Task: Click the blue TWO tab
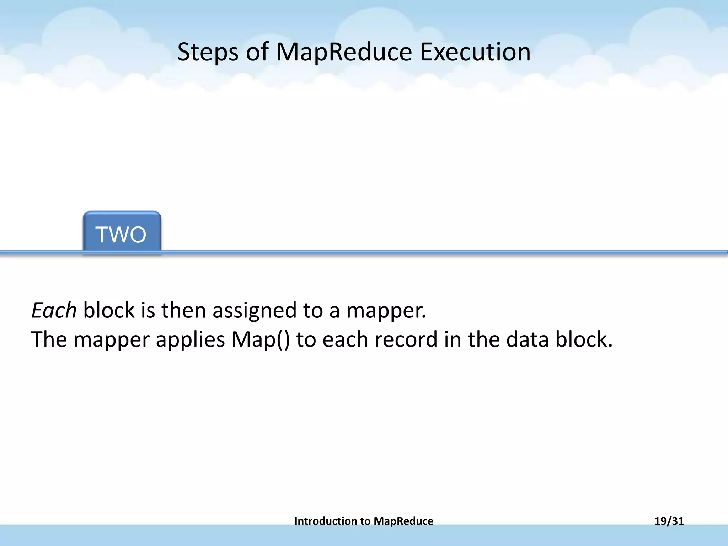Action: click(x=122, y=234)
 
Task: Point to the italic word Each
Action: click(x=54, y=310)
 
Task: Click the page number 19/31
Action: click(x=669, y=521)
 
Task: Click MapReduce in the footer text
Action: click(x=403, y=521)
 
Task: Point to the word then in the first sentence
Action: click(x=184, y=310)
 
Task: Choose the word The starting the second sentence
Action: click(x=49, y=339)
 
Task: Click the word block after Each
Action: click(x=109, y=310)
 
